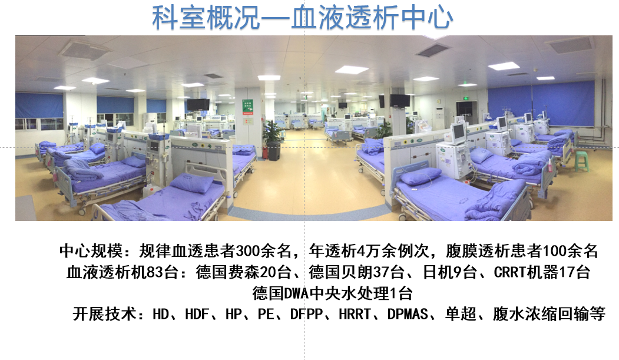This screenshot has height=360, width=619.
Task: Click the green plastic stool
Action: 581,161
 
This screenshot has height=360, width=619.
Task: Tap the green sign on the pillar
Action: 247,107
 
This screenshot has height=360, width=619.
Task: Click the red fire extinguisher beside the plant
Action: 265,152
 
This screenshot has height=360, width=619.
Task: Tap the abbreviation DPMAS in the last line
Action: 408,314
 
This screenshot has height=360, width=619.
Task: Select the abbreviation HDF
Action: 197,314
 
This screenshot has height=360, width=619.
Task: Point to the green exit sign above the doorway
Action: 466,98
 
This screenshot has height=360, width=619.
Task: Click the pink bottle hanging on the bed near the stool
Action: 550,166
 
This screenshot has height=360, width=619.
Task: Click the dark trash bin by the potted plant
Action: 274,151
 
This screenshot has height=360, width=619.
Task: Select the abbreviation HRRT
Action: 355,314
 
